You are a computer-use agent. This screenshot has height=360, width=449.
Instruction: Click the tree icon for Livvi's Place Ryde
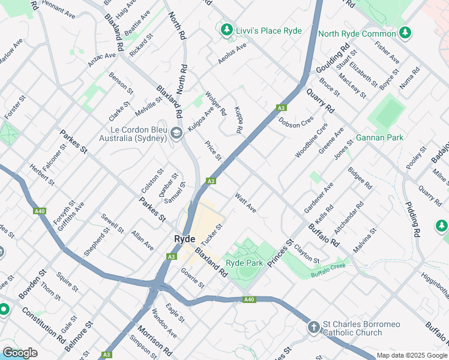pyautogui.click(x=226, y=29)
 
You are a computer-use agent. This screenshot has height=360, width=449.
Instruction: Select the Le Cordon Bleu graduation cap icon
pyautogui.click(x=176, y=133)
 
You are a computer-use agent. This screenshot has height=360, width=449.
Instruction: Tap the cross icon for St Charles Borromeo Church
pyautogui.click(x=313, y=328)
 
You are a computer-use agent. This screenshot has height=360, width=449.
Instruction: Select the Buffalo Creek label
pyautogui.click(x=329, y=271)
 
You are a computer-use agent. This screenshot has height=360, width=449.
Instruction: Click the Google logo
pyautogui.click(x=20, y=353)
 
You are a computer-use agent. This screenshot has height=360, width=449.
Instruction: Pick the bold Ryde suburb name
pyautogui.click(x=185, y=239)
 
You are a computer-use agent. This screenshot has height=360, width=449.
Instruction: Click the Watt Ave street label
pyautogui.click(x=246, y=203)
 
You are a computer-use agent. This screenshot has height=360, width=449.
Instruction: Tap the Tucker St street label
pyautogui.click(x=212, y=233)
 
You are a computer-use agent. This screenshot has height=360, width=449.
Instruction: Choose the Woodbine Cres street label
pyautogui.click(x=312, y=141)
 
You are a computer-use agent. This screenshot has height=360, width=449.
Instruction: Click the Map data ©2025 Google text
pyautogui.click(x=411, y=355)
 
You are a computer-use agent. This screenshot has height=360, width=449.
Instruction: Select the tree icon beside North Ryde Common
pyautogui.click(x=405, y=32)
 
